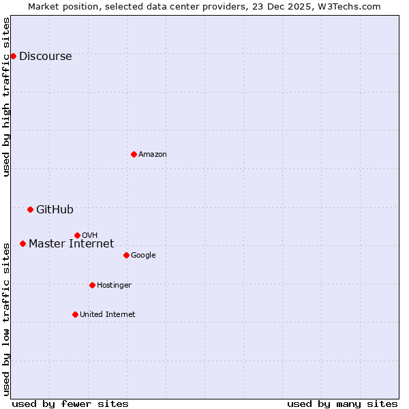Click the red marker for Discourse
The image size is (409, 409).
(x=13, y=56)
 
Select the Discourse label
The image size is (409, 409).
(x=45, y=57)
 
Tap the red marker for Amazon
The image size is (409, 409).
(x=134, y=154)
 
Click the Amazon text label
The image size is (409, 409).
(x=153, y=155)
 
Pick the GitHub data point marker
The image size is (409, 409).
(x=30, y=209)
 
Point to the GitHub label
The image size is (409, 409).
(x=55, y=210)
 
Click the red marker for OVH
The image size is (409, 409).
(x=77, y=235)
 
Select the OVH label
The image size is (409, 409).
(x=89, y=236)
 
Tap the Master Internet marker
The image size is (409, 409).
(x=22, y=243)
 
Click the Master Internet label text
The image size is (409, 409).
(x=71, y=244)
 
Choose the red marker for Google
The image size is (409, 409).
(x=126, y=255)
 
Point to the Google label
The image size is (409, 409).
(x=143, y=256)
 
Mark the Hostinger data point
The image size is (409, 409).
(x=92, y=285)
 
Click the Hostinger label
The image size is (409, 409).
(x=114, y=286)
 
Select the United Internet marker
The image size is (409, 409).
(x=75, y=314)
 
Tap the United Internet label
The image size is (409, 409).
(x=107, y=315)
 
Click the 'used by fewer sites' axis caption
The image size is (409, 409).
(x=70, y=404)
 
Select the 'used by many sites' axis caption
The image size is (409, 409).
(x=342, y=404)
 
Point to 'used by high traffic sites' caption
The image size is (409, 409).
(x=6, y=97)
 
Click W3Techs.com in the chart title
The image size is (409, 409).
(x=346, y=6)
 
